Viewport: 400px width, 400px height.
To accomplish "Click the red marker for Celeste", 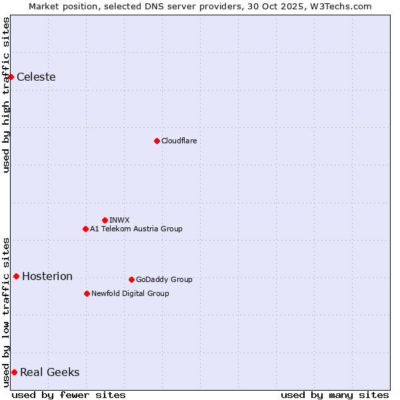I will click(x=11, y=77).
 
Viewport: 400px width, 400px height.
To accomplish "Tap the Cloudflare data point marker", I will click(x=157, y=141).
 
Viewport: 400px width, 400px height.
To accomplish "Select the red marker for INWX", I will click(x=105, y=220).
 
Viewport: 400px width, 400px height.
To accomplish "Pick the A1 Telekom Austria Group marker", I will click(x=85, y=229).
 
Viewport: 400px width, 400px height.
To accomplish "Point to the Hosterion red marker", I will click(x=16, y=276).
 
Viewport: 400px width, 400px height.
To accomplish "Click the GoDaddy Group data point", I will click(x=131, y=279).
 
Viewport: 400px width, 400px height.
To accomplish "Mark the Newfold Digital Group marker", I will click(x=87, y=293).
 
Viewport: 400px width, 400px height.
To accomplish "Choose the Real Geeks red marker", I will click(x=14, y=372).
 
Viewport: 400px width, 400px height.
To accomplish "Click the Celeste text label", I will click(x=36, y=77).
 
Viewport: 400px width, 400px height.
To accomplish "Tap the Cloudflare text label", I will click(x=179, y=141).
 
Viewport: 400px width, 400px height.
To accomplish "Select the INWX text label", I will click(x=119, y=220).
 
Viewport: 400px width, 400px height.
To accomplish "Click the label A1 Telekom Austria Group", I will click(x=136, y=229).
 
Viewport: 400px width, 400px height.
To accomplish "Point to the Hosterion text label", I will click(x=47, y=277).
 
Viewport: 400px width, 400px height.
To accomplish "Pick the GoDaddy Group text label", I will click(x=164, y=279).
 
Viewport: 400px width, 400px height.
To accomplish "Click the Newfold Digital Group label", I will click(x=130, y=293).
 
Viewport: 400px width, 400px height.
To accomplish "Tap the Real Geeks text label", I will click(x=50, y=373).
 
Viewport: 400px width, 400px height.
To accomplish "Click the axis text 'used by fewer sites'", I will click(x=69, y=395).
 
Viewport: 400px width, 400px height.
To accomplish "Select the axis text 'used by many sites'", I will click(x=335, y=395).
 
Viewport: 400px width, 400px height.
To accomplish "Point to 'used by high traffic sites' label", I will click(x=6, y=95).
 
